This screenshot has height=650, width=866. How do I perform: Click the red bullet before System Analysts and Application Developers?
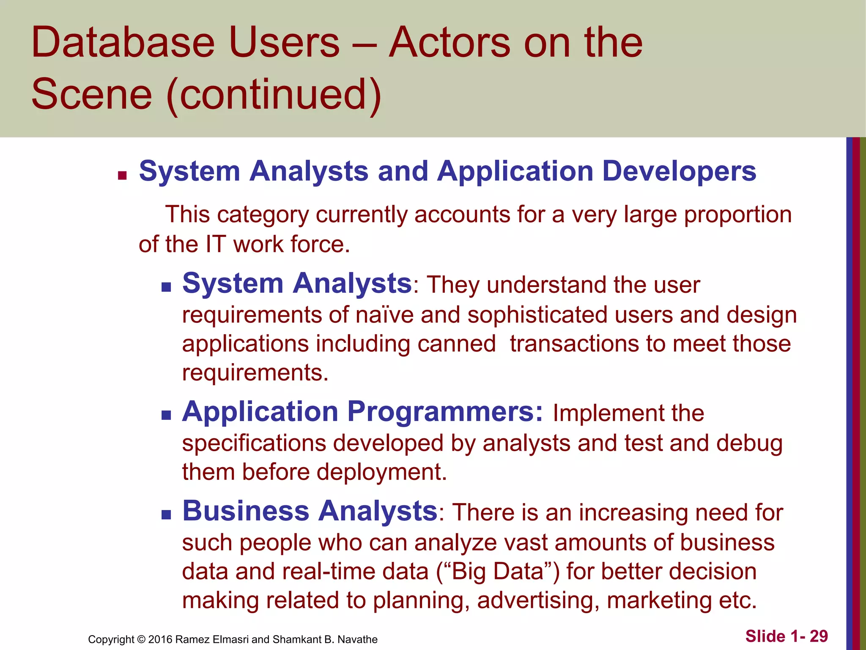tap(123, 176)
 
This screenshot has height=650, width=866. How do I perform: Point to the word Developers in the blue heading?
tap(679, 171)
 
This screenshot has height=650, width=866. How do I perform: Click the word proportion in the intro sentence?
tap(737, 215)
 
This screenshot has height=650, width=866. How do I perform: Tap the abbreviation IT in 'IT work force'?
tap(216, 245)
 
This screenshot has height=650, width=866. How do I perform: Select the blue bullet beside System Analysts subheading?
tap(166, 288)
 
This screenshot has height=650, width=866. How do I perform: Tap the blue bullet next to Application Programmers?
tap(166, 416)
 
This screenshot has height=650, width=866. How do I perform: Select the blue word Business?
tap(246, 511)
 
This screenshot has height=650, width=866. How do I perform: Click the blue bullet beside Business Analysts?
tap(166, 515)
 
